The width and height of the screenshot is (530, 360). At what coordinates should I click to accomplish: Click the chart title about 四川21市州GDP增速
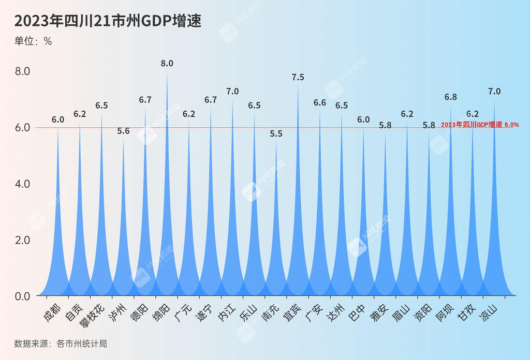(x=107, y=21)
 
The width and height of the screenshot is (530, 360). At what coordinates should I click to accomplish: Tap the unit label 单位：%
(x=33, y=42)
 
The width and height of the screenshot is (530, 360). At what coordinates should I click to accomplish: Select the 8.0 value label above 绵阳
(x=167, y=64)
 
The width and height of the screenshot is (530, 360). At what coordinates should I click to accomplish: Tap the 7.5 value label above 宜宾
(x=298, y=78)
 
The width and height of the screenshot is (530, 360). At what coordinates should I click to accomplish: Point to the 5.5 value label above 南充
(x=276, y=134)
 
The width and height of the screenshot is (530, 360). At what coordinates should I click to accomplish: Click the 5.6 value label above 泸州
(x=123, y=131)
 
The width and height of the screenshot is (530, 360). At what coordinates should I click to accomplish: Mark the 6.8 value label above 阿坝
(x=451, y=97)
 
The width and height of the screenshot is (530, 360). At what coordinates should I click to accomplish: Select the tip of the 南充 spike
(x=276, y=142)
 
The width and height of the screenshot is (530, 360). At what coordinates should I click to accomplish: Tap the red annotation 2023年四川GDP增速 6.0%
(x=480, y=125)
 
